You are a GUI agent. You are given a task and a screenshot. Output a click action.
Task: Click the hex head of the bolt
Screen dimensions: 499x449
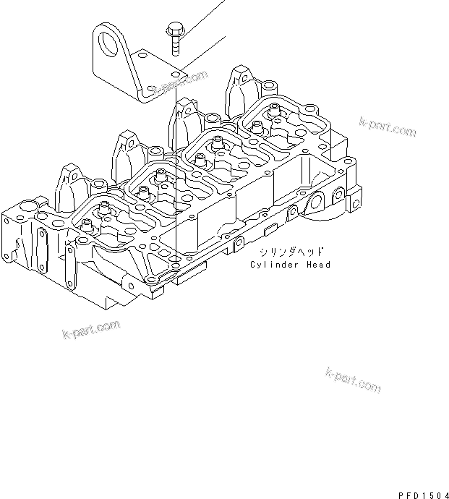[x=175, y=30]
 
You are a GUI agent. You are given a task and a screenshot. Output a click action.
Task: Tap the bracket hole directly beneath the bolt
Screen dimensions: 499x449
[x=176, y=74]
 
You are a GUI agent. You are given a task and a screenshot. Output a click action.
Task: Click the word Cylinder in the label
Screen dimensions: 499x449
[x=274, y=265]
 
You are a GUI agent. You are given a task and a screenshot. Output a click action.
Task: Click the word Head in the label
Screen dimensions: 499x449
[x=319, y=265]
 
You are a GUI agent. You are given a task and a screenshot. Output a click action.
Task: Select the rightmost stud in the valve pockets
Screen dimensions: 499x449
[x=275, y=111]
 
